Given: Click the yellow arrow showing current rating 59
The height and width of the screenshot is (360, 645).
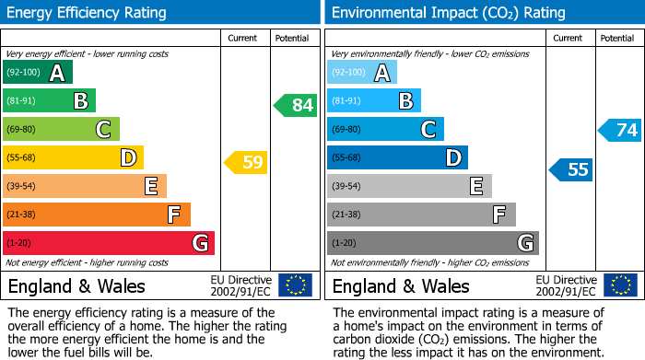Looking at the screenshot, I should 246,163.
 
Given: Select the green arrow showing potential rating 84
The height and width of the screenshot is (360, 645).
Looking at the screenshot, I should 296,105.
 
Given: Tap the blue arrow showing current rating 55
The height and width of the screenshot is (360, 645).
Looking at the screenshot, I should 571,169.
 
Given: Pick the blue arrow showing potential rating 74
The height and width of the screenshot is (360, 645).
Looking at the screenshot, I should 620,130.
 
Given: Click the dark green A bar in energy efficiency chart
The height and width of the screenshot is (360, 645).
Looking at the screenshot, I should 38,73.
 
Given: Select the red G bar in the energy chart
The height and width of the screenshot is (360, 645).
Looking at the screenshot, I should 109,243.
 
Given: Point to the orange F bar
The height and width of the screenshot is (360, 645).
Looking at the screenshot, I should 97,215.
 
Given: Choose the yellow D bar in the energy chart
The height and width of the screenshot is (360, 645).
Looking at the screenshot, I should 73,157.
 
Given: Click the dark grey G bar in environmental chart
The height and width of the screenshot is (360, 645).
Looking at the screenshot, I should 433,243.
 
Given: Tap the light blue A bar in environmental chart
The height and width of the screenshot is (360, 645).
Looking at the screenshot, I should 362,73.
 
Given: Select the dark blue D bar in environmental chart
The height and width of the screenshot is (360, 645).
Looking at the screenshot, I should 397,157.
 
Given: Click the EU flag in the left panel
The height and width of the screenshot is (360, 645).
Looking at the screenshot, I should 295,285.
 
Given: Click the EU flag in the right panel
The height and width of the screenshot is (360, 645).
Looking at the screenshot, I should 619,285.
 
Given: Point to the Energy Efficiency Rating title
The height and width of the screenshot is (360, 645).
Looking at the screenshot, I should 87,13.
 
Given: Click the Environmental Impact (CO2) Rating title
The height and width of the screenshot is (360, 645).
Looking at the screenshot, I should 448,13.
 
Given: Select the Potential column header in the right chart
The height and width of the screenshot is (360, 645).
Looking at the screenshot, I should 616,38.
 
